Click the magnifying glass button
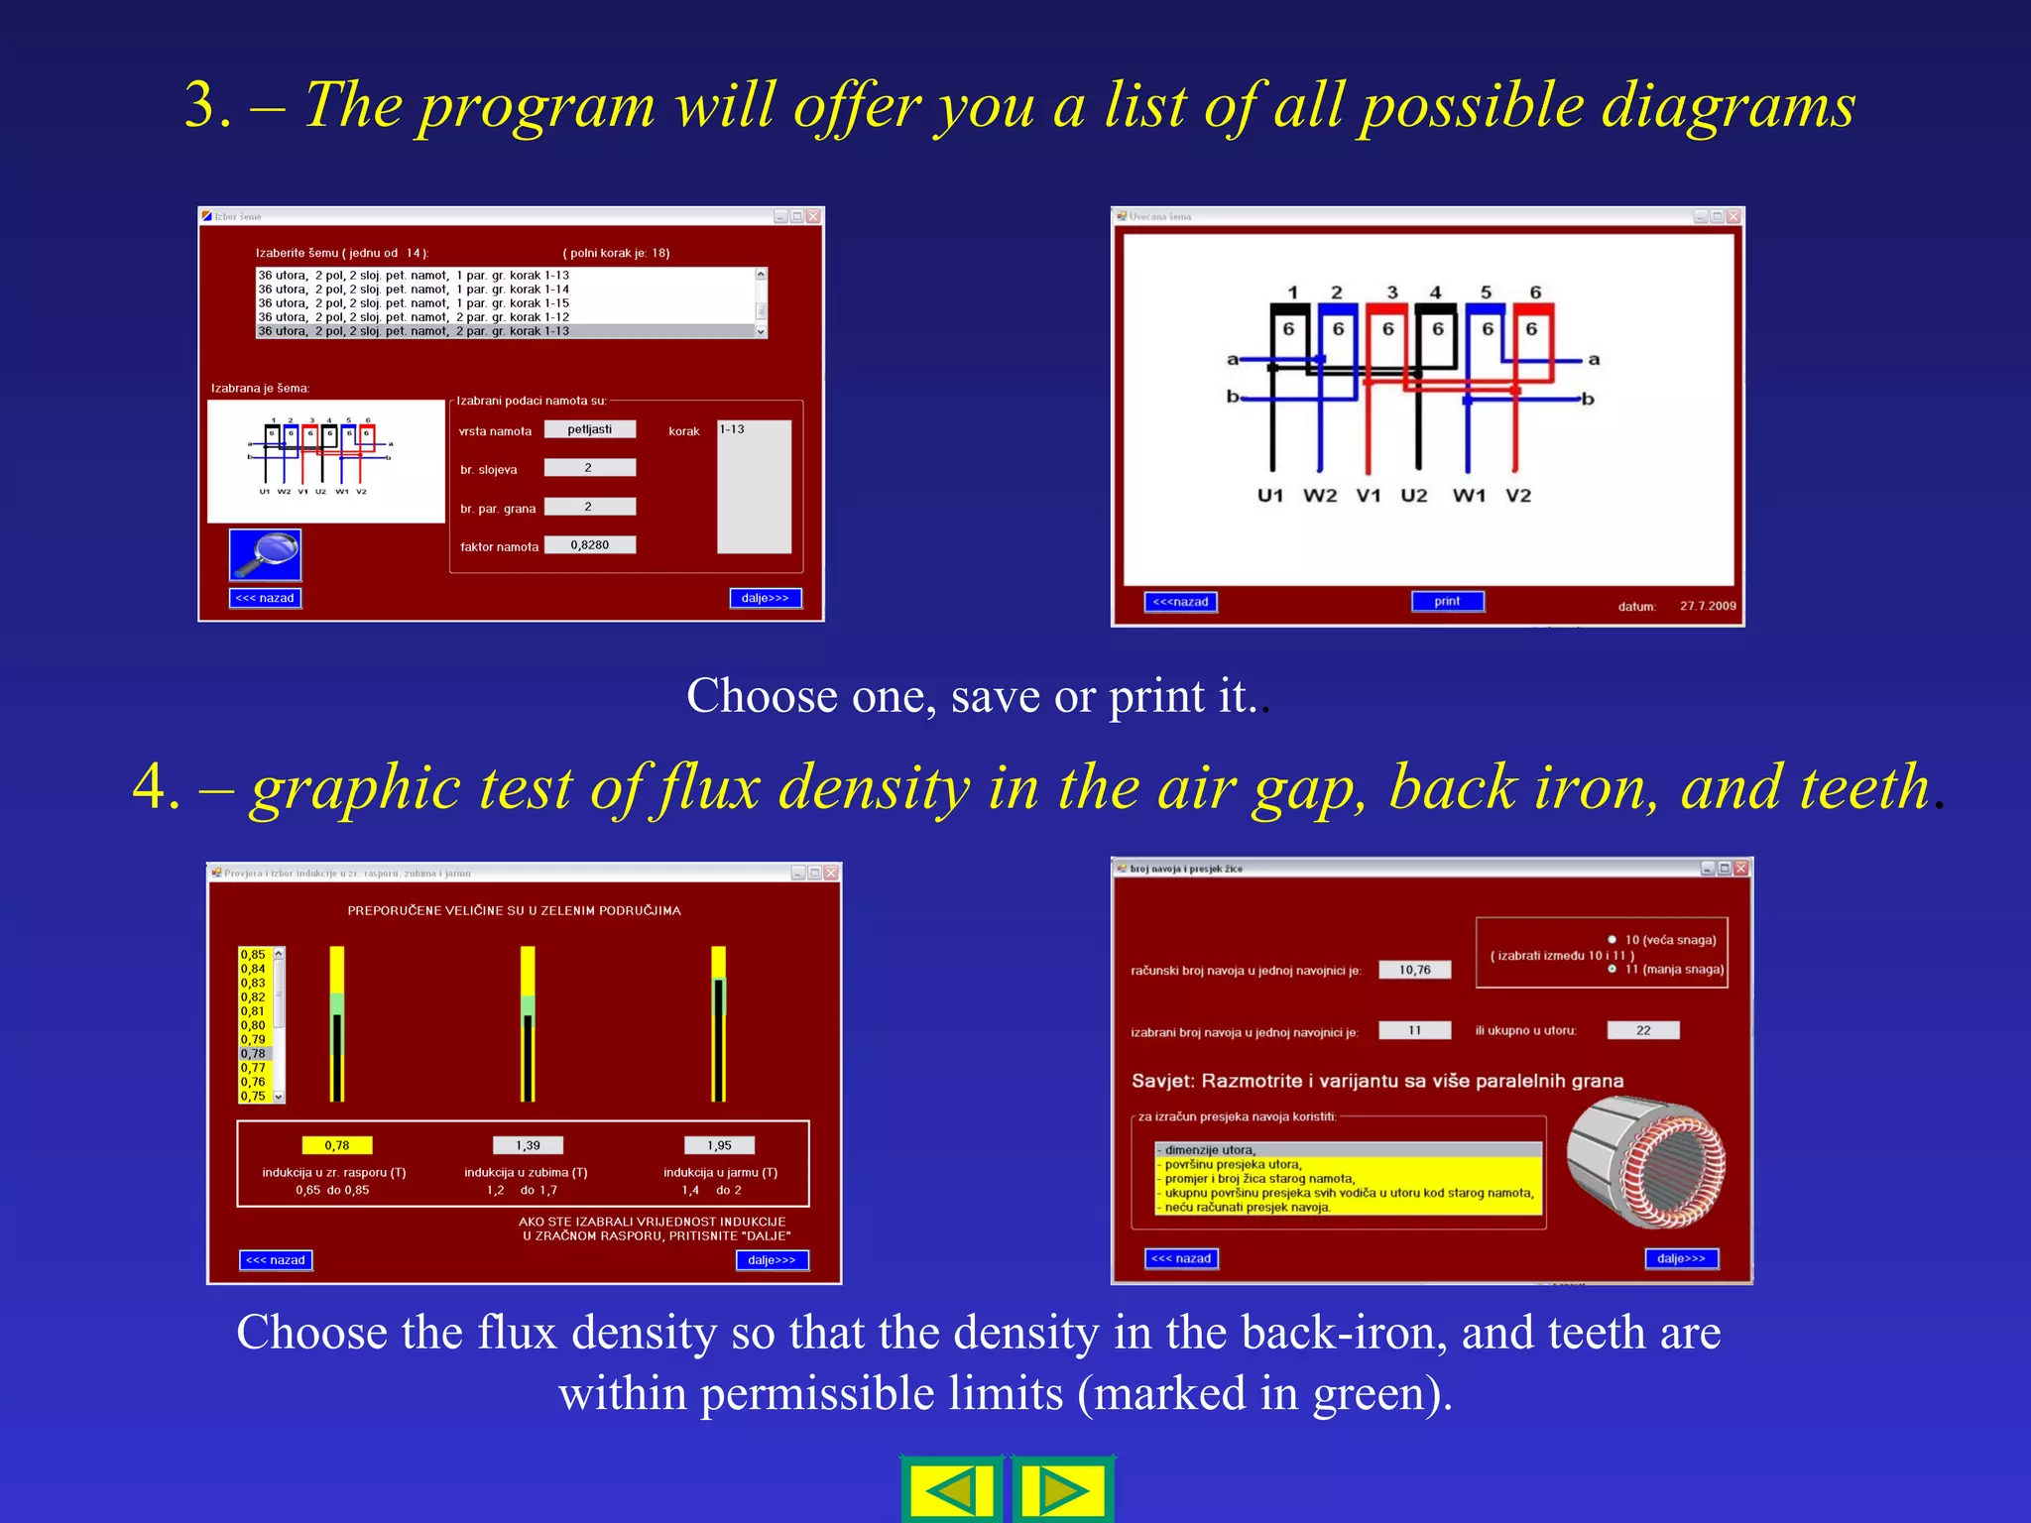pyautogui.click(x=265, y=554)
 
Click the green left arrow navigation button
pyautogui.click(x=952, y=1490)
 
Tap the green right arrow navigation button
pyautogui.click(x=1062, y=1490)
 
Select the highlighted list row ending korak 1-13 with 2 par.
pyautogui.click(x=506, y=331)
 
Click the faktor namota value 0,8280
pyautogui.click(x=590, y=544)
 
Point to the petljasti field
pyautogui.click(x=590, y=429)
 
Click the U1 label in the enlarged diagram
pyautogui.click(x=1269, y=495)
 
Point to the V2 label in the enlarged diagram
pyautogui.click(x=1518, y=495)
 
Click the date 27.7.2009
pyautogui.click(x=1708, y=605)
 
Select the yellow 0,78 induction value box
pyautogui.click(x=337, y=1145)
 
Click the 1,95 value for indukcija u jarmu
pyautogui.click(x=719, y=1145)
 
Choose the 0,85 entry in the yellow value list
pyautogui.click(x=254, y=955)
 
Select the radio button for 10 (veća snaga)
pyautogui.click(x=1613, y=939)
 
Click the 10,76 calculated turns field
pyautogui.click(x=1415, y=970)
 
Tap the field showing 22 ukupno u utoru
pyautogui.click(x=1643, y=1030)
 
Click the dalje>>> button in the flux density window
pyautogui.click(x=772, y=1259)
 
